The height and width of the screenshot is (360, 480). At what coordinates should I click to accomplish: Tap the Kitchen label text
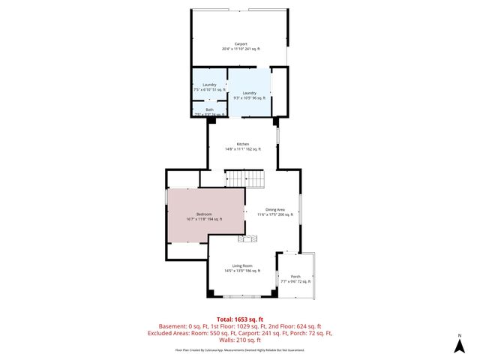242,144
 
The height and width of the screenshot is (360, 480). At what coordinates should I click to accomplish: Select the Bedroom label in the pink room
204,214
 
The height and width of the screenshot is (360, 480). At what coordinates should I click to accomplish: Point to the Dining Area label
275,209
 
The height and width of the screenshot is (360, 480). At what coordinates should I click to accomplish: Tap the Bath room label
209,109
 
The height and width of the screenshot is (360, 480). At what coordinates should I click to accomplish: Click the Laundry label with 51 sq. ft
209,85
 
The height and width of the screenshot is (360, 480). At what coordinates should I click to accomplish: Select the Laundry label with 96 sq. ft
249,93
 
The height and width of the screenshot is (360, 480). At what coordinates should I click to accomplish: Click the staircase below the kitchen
245,178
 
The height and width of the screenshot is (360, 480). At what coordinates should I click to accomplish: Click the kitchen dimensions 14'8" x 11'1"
242,149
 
